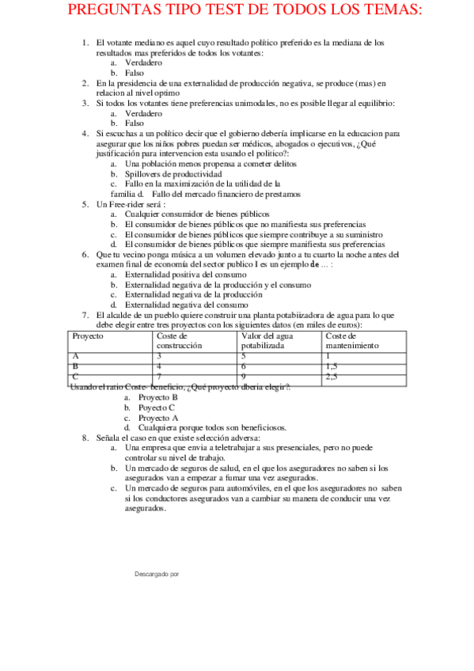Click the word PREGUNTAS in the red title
[x=118, y=11]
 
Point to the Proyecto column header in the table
[x=88, y=336]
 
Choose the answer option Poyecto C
[x=157, y=408]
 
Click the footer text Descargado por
[x=157, y=572]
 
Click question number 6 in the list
[x=85, y=256]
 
